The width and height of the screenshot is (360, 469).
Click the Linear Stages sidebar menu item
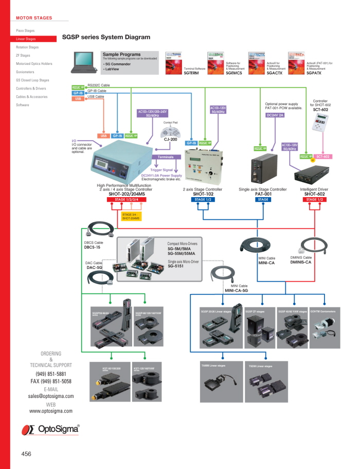tap(26, 39)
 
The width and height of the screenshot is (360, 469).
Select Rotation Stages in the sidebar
tap(27, 47)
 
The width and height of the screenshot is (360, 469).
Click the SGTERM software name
tap(191, 74)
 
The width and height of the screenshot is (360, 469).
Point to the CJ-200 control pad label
tap(170, 138)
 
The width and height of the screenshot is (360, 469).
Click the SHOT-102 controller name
tap(203, 194)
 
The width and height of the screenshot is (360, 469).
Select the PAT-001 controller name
tap(263, 194)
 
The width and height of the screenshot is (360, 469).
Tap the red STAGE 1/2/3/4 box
tap(130, 199)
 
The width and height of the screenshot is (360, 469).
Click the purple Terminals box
tap(166, 157)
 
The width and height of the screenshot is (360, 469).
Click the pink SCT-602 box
tap(323, 156)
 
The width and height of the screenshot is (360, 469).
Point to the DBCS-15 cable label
tap(93, 247)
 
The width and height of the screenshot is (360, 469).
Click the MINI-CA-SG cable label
tap(236, 290)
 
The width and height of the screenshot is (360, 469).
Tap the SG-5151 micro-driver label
tap(178, 266)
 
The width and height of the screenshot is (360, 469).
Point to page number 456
tap(26, 454)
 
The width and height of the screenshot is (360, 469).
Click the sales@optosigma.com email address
tap(51, 396)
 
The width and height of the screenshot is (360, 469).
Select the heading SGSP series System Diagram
tap(106, 37)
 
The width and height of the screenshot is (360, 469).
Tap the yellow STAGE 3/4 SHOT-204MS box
tap(130, 216)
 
